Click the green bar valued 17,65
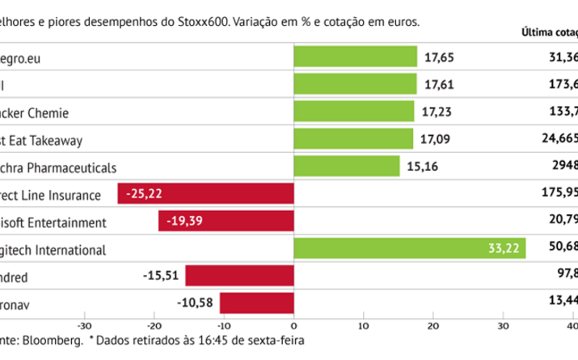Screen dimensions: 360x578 (x=355, y=56)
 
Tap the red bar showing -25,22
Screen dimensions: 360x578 (x=206, y=193)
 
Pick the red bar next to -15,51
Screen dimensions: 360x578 (x=240, y=276)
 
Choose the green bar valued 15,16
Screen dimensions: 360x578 (x=347, y=167)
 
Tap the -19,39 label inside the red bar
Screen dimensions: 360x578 (x=186, y=221)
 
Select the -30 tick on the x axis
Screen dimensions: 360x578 (x=83, y=326)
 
